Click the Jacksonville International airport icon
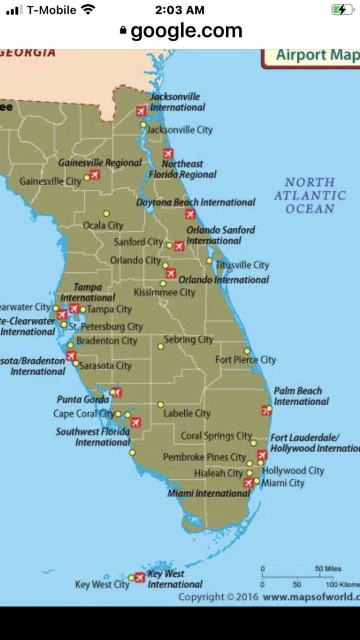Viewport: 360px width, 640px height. click(141, 111)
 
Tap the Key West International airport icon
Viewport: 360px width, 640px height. click(140, 577)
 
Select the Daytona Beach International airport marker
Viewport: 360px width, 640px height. click(190, 214)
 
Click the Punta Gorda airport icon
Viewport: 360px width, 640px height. click(117, 392)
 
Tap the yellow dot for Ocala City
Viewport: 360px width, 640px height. click(106, 213)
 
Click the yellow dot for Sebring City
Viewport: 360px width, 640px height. click(160, 346)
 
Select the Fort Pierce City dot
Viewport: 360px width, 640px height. click(247, 351)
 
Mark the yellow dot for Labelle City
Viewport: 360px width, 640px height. click(160, 404)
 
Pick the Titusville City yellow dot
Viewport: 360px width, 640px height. click(209, 260)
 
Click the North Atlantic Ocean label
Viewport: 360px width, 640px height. click(310, 196)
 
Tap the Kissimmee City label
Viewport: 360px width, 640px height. click(165, 293)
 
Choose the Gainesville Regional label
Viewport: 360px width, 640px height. click(100, 163)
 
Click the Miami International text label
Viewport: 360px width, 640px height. click(209, 493)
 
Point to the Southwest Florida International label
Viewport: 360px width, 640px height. click(93, 437)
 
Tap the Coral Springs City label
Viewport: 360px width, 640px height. click(217, 436)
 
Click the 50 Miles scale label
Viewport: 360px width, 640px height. click(328, 569)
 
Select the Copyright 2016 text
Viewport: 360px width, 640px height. click(218, 597)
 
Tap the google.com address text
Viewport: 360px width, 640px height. click(186, 32)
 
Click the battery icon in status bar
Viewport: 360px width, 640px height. click(341, 10)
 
